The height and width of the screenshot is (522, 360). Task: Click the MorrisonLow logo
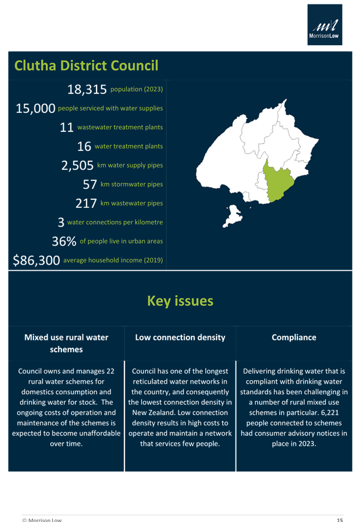[325, 25]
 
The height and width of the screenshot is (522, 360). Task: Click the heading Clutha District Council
[87, 66]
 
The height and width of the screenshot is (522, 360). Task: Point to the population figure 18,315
[87, 89]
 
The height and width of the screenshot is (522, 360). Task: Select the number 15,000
[36, 108]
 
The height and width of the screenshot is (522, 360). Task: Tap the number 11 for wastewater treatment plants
[66, 127]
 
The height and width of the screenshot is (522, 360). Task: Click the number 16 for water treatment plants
[84, 146]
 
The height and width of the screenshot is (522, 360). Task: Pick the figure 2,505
[77, 165]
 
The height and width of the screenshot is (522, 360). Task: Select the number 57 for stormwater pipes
[90, 184]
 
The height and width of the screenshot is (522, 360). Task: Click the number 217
[87, 203]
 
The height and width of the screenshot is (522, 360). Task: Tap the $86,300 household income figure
[36, 260]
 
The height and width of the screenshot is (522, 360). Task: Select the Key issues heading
[180, 301]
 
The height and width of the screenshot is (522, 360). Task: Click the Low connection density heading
[180, 338]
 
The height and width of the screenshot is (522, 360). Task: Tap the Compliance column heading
[294, 338]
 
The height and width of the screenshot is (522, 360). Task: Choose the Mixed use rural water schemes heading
[66, 343]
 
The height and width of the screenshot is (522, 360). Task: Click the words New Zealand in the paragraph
[148, 413]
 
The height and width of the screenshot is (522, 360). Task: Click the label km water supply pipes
[130, 165]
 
